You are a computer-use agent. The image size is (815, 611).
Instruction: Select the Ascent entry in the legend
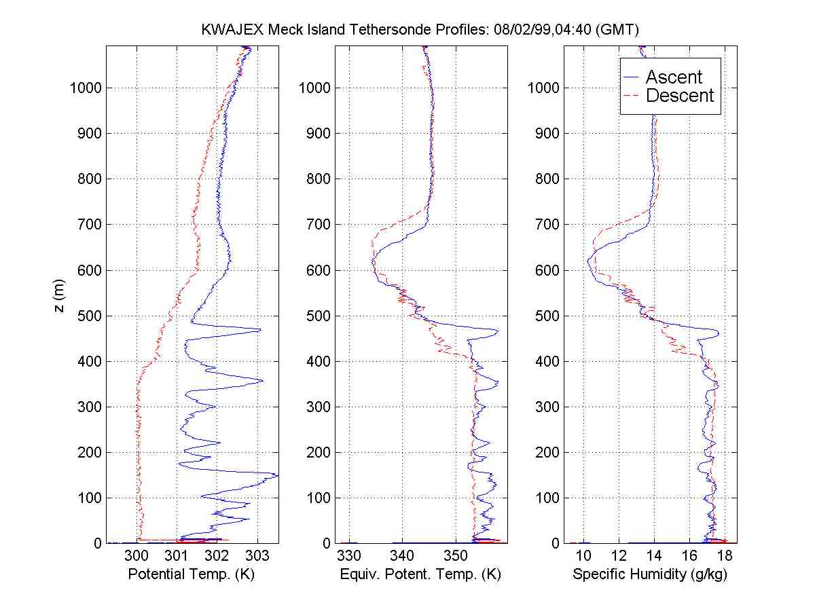[x=673, y=77]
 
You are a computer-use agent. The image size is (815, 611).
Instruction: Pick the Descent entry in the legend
[x=679, y=96]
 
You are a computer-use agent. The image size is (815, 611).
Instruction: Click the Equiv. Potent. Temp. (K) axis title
[x=420, y=574]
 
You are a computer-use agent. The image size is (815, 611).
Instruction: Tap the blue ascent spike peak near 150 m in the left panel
[x=276, y=475]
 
